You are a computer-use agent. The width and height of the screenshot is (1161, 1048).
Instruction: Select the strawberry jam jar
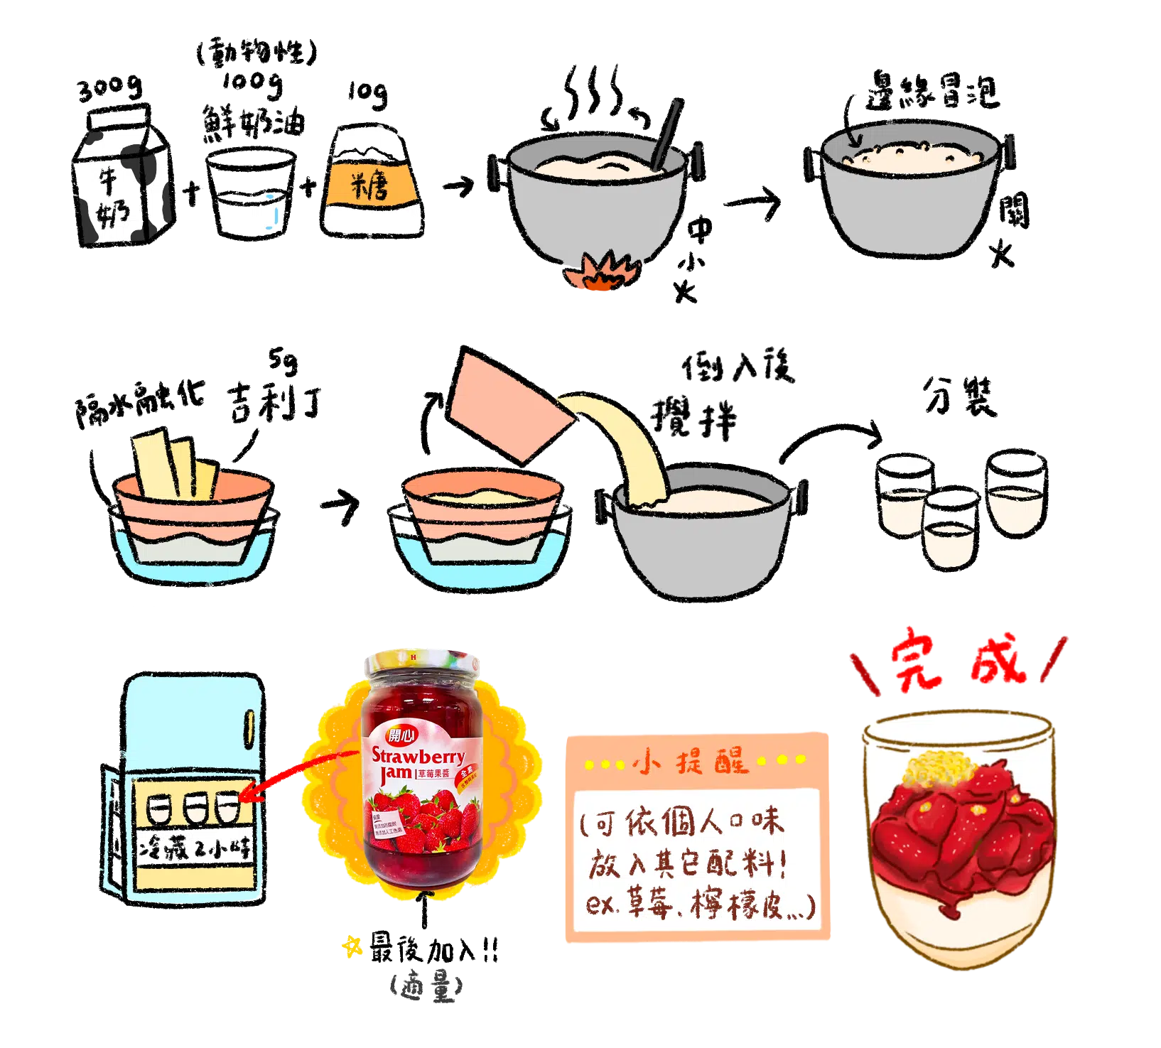coord(423,767)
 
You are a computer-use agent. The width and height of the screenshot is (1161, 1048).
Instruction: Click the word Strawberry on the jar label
coord(418,755)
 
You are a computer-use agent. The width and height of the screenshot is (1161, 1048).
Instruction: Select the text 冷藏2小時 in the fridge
coord(195,848)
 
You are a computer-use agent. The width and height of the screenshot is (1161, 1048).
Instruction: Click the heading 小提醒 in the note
coord(693,762)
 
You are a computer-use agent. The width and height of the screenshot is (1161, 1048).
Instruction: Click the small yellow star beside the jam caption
coord(352,946)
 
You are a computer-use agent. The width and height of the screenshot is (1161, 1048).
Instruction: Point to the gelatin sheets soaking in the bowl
coord(174,462)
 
